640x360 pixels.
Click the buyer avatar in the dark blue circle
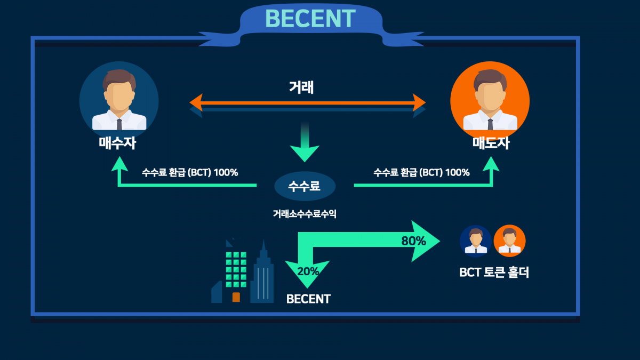[119, 100]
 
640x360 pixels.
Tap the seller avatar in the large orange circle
[490, 100]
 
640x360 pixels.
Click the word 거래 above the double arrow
[301, 87]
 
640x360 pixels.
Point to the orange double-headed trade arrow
[308, 102]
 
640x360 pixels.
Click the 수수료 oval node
[305, 187]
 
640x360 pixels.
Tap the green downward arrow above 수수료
[305, 144]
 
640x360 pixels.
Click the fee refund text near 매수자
[189, 173]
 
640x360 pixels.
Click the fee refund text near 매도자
[421, 173]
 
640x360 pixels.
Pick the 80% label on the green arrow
[413, 241]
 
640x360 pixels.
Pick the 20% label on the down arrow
[308, 271]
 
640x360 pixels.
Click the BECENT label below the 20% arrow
[308, 299]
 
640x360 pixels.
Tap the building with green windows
[236, 273]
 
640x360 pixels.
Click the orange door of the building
[236, 297]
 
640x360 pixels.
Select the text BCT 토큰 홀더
[494, 273]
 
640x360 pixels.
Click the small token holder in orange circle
[510, 241]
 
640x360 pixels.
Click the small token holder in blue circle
[476, 241]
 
